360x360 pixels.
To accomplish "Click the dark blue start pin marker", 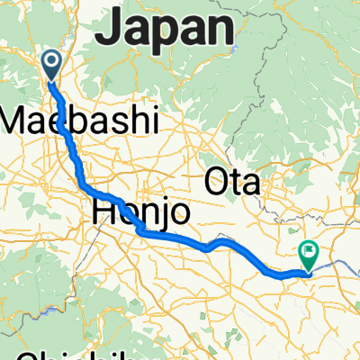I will [51, 64].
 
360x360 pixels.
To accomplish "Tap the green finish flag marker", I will [309, 254].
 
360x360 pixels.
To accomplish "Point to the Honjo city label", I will [140, 212].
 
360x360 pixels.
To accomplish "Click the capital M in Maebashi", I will [19, 119].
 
